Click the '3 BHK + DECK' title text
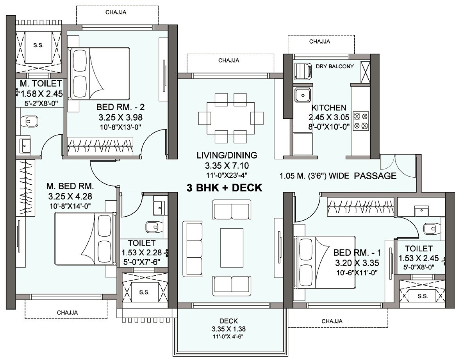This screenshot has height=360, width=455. (225, 188)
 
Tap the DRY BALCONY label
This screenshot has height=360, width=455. (334, 66)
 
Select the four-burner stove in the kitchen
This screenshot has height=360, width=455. (361, 121)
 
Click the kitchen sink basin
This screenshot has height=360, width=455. (303, 95)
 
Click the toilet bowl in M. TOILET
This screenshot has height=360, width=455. (30, 121)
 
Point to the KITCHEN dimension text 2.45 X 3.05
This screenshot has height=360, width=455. (328, 117)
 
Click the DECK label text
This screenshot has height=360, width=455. (228, 321)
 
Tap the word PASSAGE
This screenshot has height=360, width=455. (375, 176)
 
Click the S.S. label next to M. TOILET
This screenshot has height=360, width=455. (38, 45)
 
